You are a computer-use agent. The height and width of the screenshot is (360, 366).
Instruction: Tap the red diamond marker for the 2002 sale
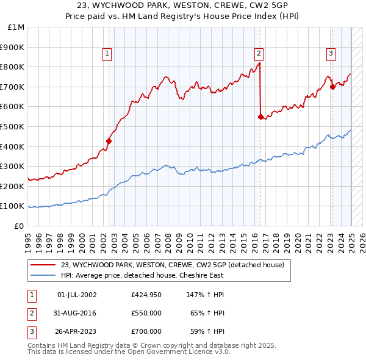tap(109, 141)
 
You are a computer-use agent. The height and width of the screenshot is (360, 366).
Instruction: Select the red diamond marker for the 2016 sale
tap(261, 116)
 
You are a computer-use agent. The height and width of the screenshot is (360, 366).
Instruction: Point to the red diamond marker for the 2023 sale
tap(333, 87)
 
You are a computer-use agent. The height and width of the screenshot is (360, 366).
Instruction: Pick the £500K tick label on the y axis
tap(13, 126)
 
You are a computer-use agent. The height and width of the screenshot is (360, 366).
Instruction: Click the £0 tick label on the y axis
tap(19, 226)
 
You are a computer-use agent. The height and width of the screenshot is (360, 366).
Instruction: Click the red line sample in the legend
tap(43, 265)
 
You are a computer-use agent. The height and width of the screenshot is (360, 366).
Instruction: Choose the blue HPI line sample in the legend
tap(43, 275)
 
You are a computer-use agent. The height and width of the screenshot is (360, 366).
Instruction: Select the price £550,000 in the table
tap(146, 313)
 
